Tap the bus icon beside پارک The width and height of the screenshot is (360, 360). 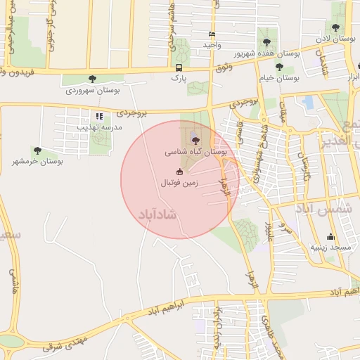[x=179, y=68]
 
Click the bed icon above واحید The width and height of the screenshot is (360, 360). [x=212, y=34]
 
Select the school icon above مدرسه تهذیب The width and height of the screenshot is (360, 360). [x=99, y=116]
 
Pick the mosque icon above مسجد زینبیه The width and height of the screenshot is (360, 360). [x=330, y=236]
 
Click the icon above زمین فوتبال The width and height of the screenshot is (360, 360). [x=179, y=172]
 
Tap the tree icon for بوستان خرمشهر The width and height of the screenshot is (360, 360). [x=37, y=150]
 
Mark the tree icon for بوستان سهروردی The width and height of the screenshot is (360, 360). [x=93, y=79]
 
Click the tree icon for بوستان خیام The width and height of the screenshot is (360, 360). [x=279, y=67]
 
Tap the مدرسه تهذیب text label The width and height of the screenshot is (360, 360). [x=103, y=127]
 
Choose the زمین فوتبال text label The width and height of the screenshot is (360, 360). [x=179, y=183]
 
